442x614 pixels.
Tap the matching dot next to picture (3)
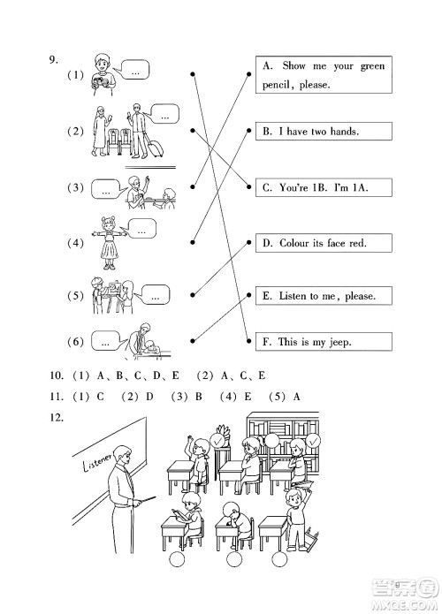[x=192, y=186]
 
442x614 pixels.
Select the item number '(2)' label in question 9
[x=74, y=132]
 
